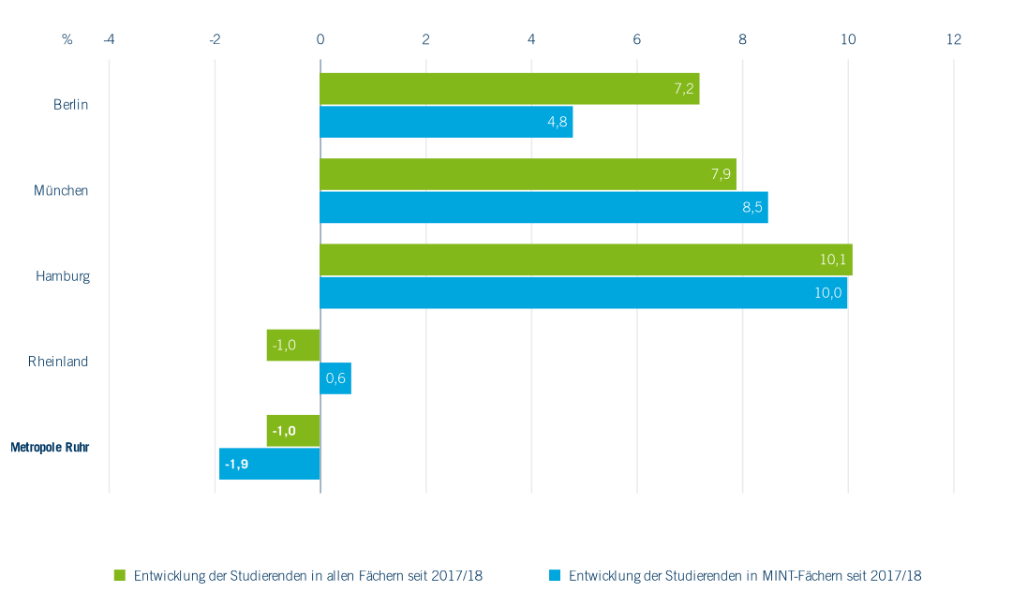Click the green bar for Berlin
(x=510, y=89)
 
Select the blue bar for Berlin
(x=446, y=122)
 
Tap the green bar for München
(x=528, y=174)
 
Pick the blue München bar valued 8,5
(x=543, y=207)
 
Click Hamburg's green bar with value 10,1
(x=586, y=259)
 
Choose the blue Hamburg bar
(x=583, y=292)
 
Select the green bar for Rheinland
(x=293, y=345)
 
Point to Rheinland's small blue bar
(x=335, y=378)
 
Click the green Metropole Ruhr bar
(x=293, y=431)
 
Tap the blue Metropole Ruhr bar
(x=270, y=464)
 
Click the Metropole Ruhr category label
(x=50, y=448)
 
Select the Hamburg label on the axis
(x=63, y=276)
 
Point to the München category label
(x=61, y=190)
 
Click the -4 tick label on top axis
(x=109, y=39)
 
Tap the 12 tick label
(x=954, y=39)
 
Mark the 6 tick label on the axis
(x=637, y=39)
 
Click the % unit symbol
(x=67, y=39)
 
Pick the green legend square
(x=120, y=575)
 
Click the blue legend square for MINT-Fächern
(x=555, y=575)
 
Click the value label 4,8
(x=557, y=122)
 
